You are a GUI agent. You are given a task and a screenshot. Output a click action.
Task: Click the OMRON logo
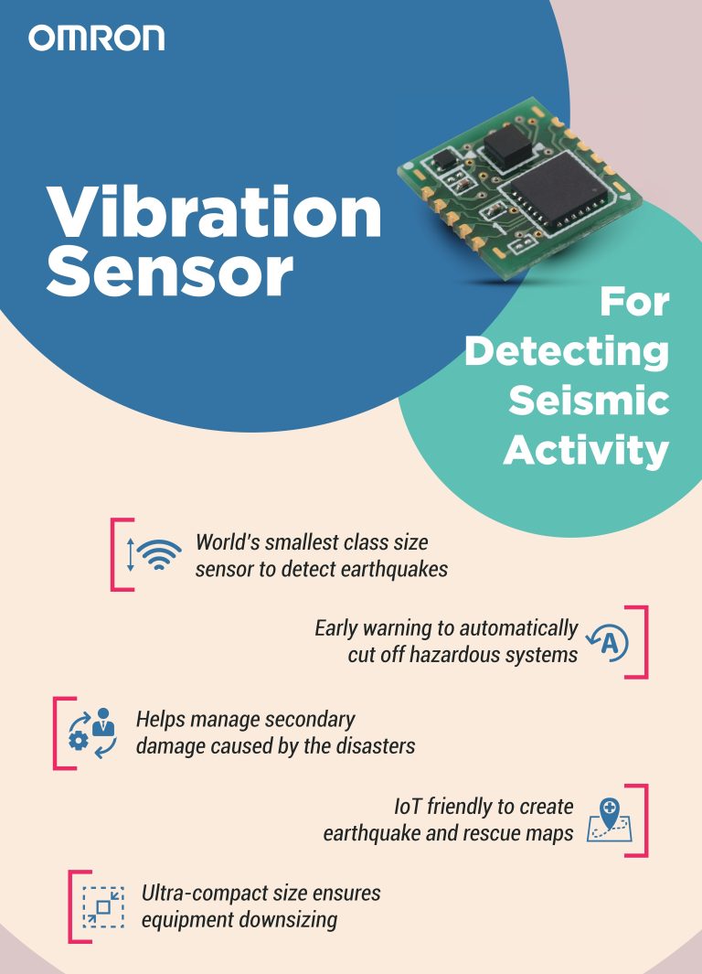pos(96,37)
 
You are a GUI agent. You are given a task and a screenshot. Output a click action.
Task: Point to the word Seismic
pos(589,400)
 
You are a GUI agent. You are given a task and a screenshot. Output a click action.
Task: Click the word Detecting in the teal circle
pos(566,352)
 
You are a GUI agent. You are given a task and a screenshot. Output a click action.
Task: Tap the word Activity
pos(586,449)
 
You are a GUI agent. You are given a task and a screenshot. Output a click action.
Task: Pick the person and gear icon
pos(92,732)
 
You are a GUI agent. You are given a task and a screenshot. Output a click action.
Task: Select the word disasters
pos(370,745)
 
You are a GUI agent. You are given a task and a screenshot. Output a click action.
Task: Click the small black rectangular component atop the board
pos(505,143)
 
